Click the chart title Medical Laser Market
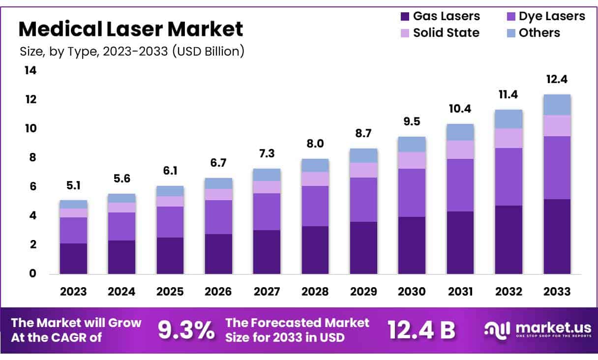(x=130, y=30)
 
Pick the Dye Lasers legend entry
(x=545, y=16)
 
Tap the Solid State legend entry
(x=439, y=33)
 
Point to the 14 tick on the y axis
(x=30, y=71)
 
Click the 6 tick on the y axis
(x=33, y=187)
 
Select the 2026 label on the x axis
(x=218, y=292)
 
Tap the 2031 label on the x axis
(x=460, y=292)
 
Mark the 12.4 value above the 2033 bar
(x=557, y=80)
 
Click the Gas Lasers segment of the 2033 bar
(x=557, y=236)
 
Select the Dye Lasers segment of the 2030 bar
(x=412, y=193)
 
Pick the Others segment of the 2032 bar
(x=509, y=119)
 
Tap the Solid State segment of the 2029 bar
(x=363, y=170)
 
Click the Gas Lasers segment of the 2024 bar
(x=121, y=257)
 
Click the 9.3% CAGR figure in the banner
(x=186, y=330)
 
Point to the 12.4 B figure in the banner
(x=421, y=330)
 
